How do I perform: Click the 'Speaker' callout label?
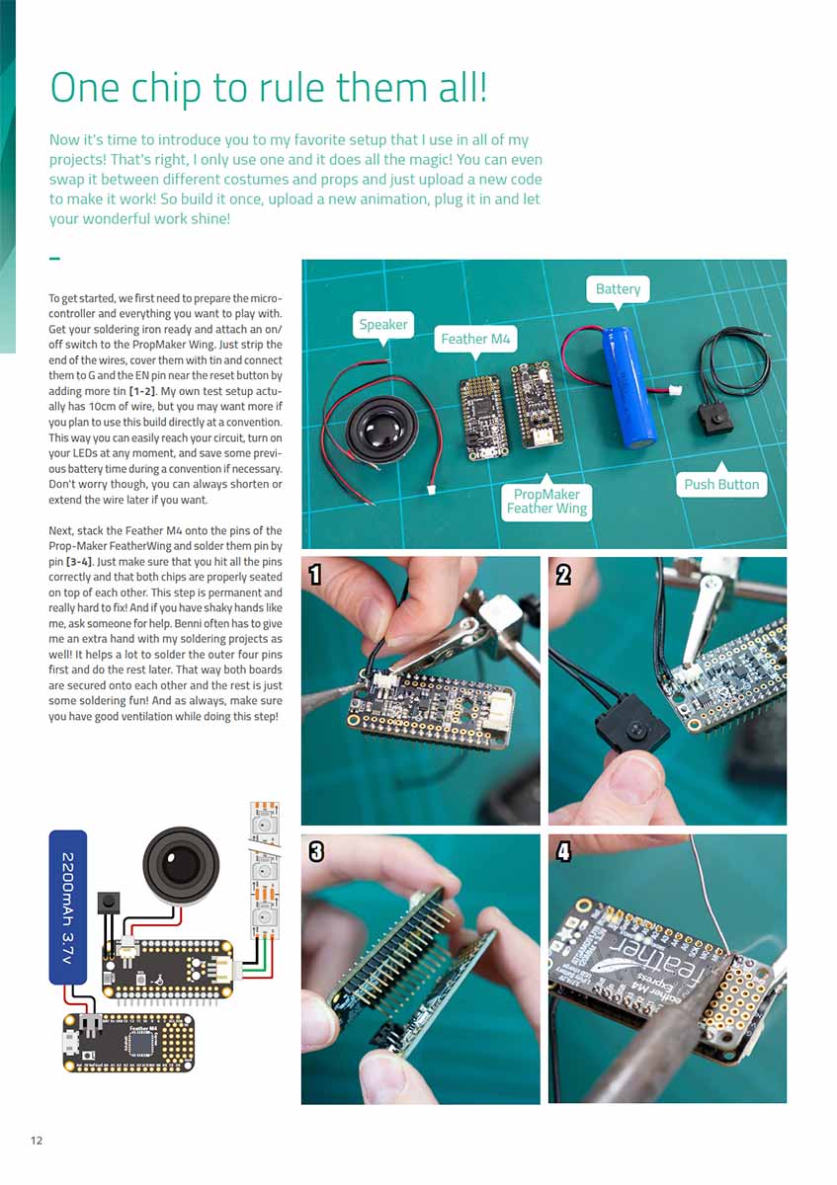tap(383, 324)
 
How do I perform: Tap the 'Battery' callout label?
tap(618, 289)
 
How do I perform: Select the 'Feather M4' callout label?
tap(476, 339)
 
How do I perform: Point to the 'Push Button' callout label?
tap(721, 484)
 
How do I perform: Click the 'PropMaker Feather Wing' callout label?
tap(546, 501)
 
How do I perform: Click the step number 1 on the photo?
tap(315, 575)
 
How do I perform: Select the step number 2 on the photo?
tap(563, 575)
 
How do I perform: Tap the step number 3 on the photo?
tap(315, 851)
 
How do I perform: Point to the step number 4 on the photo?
tap(563, 851)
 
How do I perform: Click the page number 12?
tap(37, 1141)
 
